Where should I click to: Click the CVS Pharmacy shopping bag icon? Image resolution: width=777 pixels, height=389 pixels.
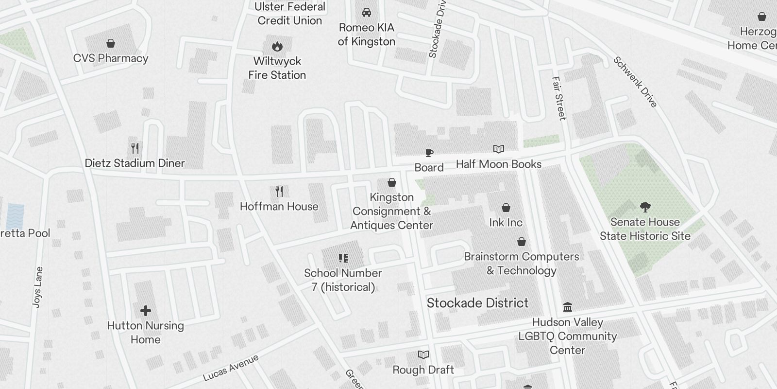click(x=111, y=44)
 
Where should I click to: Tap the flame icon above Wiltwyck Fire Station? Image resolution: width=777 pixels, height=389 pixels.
click(x=277, y=47)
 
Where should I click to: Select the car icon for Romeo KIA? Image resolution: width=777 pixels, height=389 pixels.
click(x=367, y=13)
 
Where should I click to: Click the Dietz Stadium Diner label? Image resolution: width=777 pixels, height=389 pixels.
click(x=135, y=163)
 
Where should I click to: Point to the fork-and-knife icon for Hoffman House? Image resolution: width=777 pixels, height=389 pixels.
click(x=279, y=192)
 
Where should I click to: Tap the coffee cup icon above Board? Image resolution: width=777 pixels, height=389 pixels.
click(x=429, y=153)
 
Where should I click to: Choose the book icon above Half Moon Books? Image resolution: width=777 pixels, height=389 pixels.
click(x=499, y=149)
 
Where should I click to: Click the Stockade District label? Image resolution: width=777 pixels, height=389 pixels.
click(x=477, y=303)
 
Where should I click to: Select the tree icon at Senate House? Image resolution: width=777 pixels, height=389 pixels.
click(x=645, y=208)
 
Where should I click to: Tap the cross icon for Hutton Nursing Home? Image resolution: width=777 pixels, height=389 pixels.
click(x=145, y=311)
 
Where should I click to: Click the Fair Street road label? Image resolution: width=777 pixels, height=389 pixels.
click(x=559, y=98)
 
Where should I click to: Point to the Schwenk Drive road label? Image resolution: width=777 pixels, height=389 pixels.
click(x=635, y=82)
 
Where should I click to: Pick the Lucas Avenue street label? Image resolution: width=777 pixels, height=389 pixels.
click(x=231, y=368)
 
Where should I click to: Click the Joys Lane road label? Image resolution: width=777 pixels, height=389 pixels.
click(x=37, y=287)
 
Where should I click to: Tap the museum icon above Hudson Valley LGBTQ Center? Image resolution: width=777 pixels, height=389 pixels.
click(x=567, y=307)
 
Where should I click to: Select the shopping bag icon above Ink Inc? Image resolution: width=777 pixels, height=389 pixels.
click(x=506, y=208)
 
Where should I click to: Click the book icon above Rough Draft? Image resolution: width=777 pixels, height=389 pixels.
click(x=423, y=355)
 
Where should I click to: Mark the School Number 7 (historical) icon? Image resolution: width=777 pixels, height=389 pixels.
click(x=343, y=258)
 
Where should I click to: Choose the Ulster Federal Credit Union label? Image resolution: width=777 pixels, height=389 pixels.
click(x=290, y=14)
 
